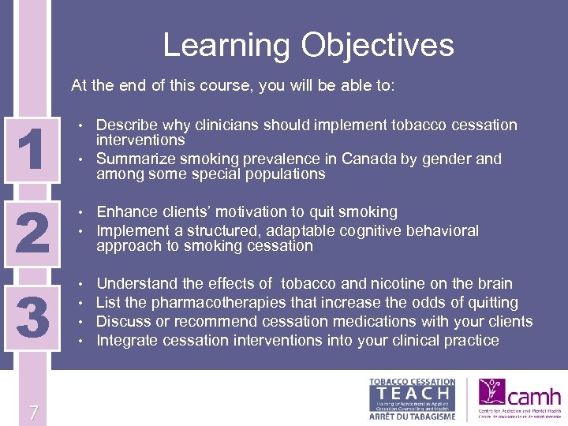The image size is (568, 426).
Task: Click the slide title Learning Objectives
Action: [x=308, y=45]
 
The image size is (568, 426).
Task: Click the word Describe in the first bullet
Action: [x=125, y=125]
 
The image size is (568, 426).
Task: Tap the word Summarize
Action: [x=133, y=159]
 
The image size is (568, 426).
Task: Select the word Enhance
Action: [x=126, y=212]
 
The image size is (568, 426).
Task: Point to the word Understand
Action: [x=135, y=284]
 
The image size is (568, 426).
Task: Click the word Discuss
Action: [x=122, y=322]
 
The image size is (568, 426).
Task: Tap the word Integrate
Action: [x=126, y=341]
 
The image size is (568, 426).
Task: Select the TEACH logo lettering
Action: [x=413, y=392]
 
